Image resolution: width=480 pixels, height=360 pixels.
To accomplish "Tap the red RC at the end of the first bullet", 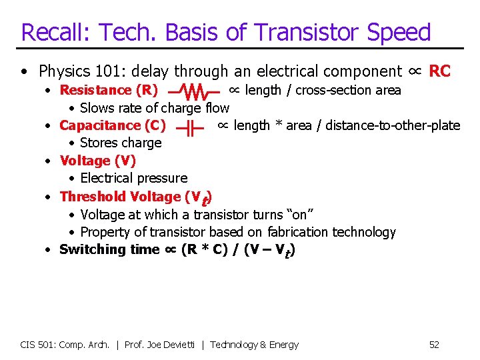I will tap(440, 71).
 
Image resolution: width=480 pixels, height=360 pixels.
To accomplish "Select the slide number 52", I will tap(434, 345).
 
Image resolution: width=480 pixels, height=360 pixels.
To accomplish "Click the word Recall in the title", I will tap(55, 32).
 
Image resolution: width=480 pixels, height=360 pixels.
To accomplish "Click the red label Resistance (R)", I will tap(109, 90).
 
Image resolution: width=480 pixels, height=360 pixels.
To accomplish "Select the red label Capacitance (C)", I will tap(113, 125).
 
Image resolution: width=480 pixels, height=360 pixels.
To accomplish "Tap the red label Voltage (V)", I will tap(98, 161).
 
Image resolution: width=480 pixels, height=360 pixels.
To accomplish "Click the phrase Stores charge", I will tap(121, 143).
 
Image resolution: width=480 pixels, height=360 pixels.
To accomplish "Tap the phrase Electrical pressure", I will tap(133, 179).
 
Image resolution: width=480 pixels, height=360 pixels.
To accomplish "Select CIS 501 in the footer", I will tap(37, 345).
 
